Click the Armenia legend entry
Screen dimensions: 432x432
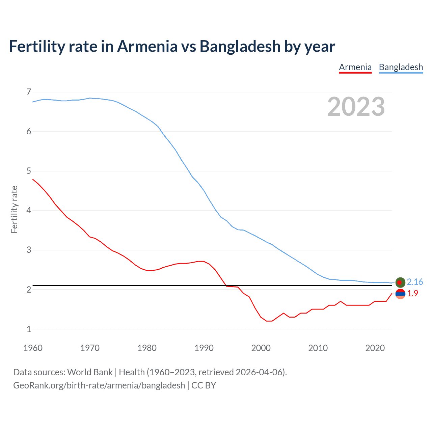tap(355, 67)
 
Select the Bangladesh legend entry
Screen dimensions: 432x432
tap(401, 67)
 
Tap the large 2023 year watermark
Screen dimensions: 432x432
tap(356, 107)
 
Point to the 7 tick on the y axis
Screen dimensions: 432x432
tap(29, 92)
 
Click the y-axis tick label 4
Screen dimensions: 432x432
tap(29, 211)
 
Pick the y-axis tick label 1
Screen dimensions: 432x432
tap(29, 329)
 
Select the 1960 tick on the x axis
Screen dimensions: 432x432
tap(33, 348)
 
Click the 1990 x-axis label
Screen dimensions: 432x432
tap(204, 348)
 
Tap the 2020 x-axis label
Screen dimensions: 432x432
tap(375, 348)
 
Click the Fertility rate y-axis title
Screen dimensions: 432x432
tap(14, 209)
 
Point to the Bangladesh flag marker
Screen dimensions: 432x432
tap(400, 282)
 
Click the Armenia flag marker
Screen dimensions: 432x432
tap(400, 294)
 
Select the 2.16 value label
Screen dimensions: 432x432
tap(415, 282)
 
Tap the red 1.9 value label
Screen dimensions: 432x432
tap(412, 294)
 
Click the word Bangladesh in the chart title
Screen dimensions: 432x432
tap(240, 46)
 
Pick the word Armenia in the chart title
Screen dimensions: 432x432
tap(147, 46)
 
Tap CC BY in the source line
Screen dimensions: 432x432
tap(204, 385)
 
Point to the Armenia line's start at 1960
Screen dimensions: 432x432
tap(33, 179)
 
